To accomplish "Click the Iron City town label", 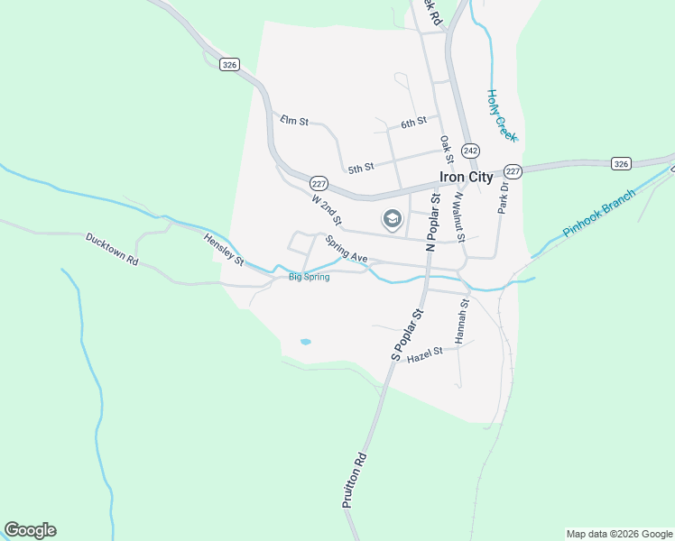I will point(465,178).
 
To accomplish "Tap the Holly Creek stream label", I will point(501,114).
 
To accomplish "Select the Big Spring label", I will point(309,277).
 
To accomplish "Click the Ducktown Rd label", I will point(112,250).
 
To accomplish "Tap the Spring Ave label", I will point(347,250).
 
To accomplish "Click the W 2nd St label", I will point(327,209).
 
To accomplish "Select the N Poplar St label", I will point(432,221).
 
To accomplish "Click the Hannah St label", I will point(462,322).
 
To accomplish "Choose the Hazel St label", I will point(425,354).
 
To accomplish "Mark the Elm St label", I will point(294,120).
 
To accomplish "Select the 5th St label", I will point(360,168).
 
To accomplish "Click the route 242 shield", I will point(470,150).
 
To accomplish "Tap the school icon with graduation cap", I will point(393,218).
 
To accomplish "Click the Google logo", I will point(30,530).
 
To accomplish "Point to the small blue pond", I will point(305,343).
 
